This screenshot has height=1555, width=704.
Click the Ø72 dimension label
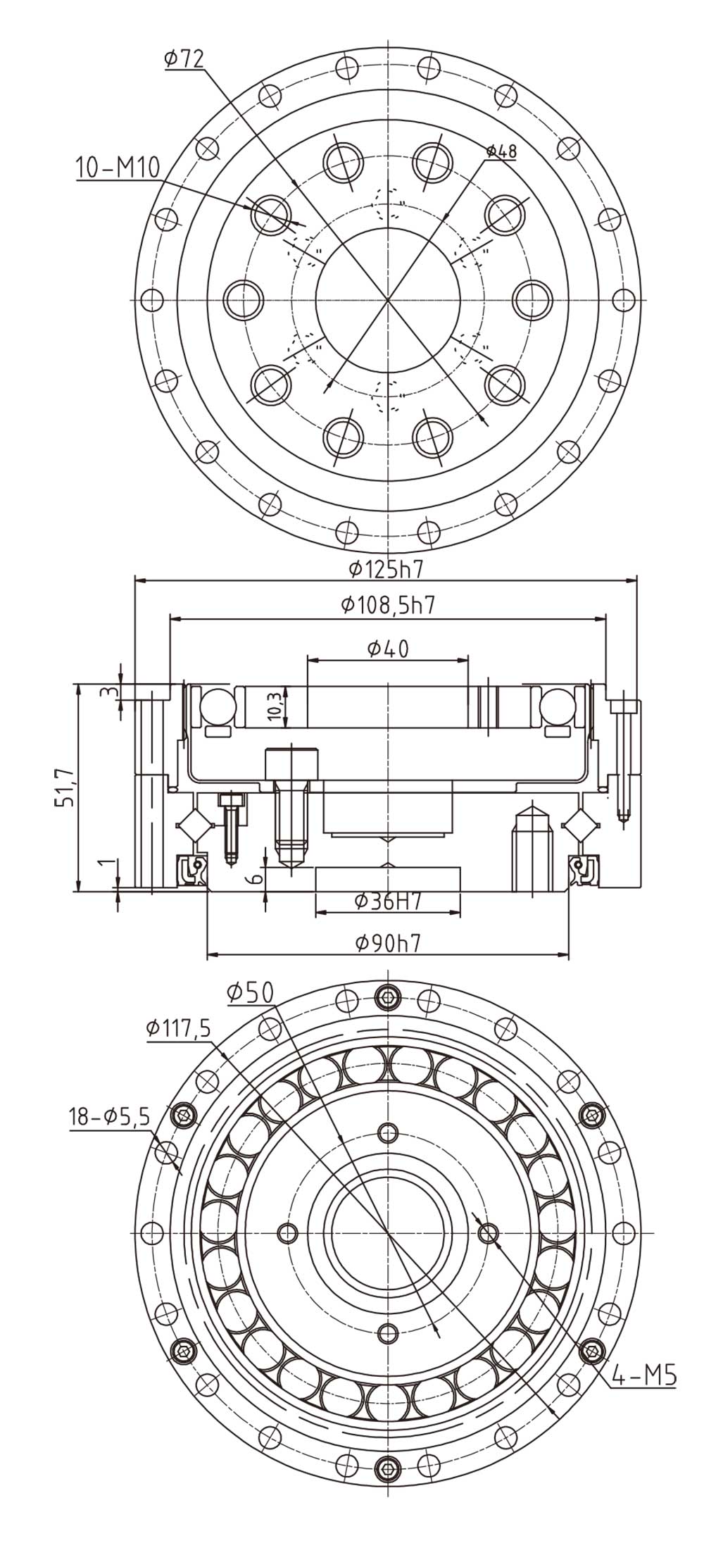pyautogui.click(x=184, y=60)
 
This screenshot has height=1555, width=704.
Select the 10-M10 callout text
pyautogui.click(x=118, y=168)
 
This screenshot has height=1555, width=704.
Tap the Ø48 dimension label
pyautogui.click(x=501, y=151)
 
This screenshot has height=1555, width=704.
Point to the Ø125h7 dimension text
pyautogui.click(x=386, y=568)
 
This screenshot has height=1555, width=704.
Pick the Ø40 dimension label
pyautogui.click(x=388, y=648)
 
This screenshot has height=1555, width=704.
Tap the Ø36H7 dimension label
pyautogui.click(x=387, y=900)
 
